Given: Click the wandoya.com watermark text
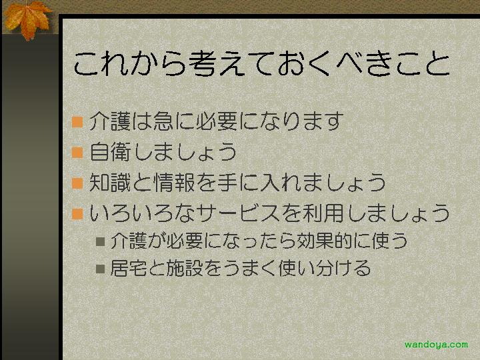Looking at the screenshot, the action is tap(436, 345).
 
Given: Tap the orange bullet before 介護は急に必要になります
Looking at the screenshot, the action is tap(77, 121).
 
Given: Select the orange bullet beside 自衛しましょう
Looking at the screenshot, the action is tap(77, 152).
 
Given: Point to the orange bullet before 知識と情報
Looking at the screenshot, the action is tap(77, 183).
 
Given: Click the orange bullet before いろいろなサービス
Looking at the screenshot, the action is tap(77, 214).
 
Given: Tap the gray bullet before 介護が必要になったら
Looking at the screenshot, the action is tap(101, 241).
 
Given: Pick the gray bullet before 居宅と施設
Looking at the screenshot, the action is tap(101, 269).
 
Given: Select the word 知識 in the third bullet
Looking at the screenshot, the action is tap(110, 183).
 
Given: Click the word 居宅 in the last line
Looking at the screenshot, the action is tap(128, 268).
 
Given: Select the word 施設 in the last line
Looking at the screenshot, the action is tap(184, 268).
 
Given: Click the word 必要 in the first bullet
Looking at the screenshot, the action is tap(217, 121).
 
